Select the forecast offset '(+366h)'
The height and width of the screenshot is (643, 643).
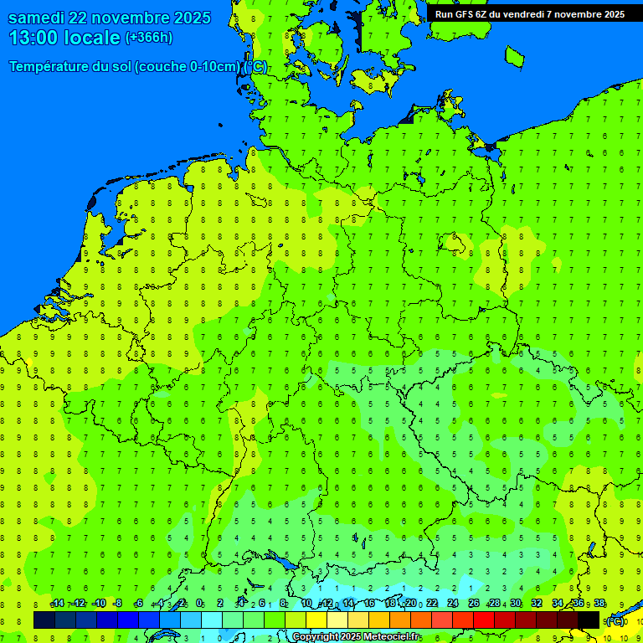(148, 38)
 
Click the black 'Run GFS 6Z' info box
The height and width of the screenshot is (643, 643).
(529, 13)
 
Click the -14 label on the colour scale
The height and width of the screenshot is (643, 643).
(57, 604)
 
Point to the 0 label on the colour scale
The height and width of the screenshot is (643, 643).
(199, 604)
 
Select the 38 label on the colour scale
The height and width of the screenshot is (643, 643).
(599, 604)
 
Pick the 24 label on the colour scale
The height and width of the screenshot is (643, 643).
(453, 604)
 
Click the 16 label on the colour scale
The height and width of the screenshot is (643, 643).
(368, 604)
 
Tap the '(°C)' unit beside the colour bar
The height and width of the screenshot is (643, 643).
(615, 621)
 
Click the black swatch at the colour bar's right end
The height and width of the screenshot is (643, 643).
(589, 620)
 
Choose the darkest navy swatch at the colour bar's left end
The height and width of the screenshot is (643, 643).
(44, 620)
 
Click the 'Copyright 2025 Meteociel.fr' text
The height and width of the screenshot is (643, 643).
(356, 637)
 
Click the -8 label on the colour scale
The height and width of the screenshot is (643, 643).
(120, 604)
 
